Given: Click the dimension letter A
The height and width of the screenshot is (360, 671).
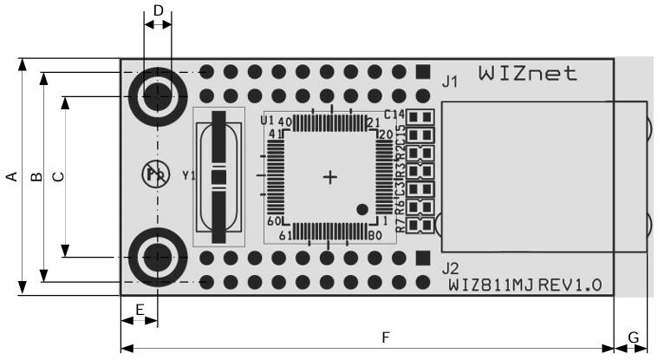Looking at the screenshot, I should tap(11, 177).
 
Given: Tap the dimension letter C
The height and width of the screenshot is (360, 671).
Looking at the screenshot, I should tap(58, 177).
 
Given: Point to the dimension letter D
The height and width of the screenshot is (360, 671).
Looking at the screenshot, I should tap(158, 10).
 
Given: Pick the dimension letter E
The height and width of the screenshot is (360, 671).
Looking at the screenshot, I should tap(140, 309).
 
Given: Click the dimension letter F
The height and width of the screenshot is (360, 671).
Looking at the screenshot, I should tap(386, 337).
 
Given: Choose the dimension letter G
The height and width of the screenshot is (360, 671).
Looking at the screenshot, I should tap(633, 337).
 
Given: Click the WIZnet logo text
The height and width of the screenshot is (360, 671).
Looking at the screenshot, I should tap(527, 74).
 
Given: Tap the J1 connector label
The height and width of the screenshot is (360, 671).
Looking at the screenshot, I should tap(450, 82).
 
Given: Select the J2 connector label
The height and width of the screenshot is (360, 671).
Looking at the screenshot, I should tap(450, 267).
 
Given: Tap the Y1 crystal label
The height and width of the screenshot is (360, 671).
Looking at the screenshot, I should tap(188, 176).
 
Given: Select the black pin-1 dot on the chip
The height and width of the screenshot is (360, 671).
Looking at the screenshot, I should tap(362, 208).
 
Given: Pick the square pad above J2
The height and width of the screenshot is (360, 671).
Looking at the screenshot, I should tap(422, 258).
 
